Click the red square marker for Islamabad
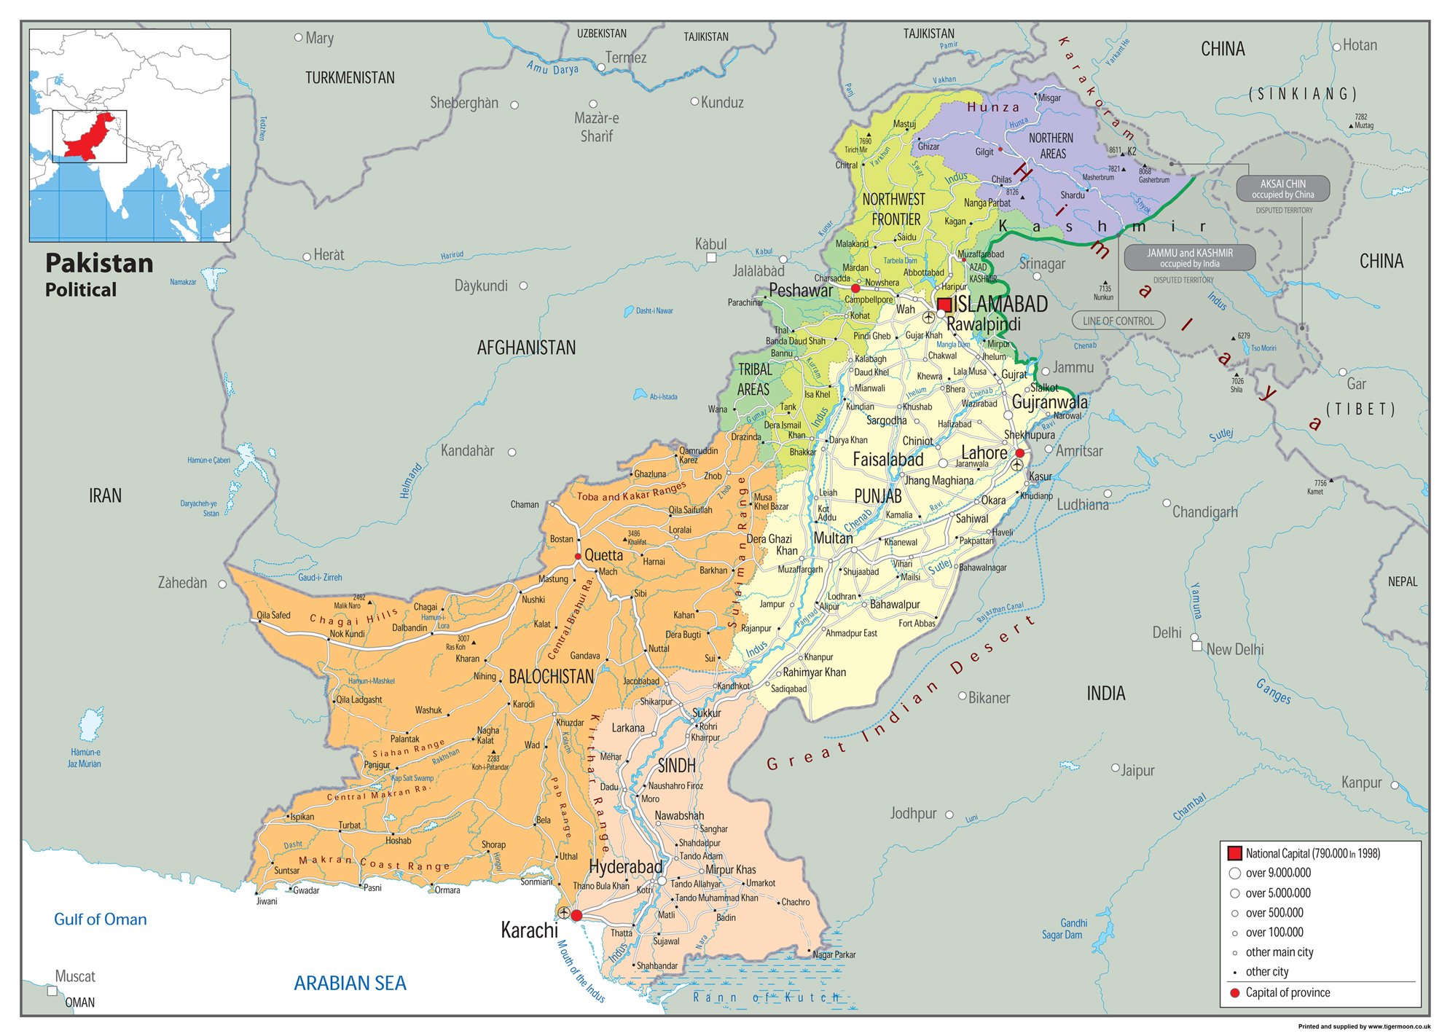tap(944, 305)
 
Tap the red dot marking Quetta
tap(578, 556)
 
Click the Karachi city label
tap(529, 930)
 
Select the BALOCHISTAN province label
tap(551, 677)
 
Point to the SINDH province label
tap(676, 766)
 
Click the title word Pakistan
tap(99, 263)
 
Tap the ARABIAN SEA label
tap(350, 984)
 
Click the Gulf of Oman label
tap(101, 919)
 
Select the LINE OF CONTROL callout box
tap(1118, 321)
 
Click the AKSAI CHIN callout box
tap(1282, 189)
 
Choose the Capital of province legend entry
tap(1287, 992)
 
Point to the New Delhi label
tap(1235, 649)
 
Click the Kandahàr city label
tap(467, 451)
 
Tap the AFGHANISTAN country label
tap(526, 348)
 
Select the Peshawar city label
tap(800, 291)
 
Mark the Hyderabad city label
tap(625, 867)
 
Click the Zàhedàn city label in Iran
tap(182, 583)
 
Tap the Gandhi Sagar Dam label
tap(1062, 929)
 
